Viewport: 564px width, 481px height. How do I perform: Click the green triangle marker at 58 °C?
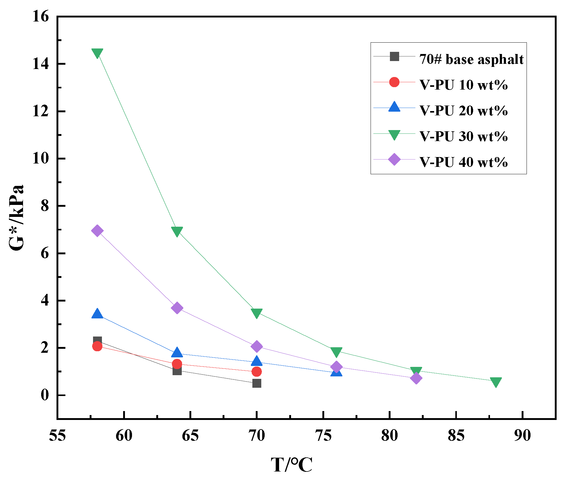[x=97, y=53]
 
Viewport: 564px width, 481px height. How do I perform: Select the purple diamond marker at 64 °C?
[x=177, y=308]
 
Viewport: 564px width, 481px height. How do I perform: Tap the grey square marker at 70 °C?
[x=257, y=383]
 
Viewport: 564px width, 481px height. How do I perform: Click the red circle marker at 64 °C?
[x=177, y=364]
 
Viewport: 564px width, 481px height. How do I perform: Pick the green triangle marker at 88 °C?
[x=496, y=382]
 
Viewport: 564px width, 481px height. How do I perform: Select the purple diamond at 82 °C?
[x=416, y=378]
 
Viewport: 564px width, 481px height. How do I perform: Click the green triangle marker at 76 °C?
[x=336, y=352]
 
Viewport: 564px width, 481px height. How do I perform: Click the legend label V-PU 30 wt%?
[x=464, y=136]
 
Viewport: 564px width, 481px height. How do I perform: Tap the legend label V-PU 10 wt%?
[x=464, y=85]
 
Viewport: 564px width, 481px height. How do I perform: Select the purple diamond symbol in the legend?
[x=394, y=160]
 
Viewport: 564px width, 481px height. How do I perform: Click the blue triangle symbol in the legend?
[x=394, y=107]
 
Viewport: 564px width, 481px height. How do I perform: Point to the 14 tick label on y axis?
[x=41, y=64]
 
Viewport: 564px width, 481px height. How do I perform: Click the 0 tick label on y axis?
[x=45, y=395]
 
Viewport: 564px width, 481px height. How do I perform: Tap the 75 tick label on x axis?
[x=323, y=436]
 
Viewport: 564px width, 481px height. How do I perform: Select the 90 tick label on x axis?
[x=522, y=436]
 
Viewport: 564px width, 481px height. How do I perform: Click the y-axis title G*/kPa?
[x=16, y=218]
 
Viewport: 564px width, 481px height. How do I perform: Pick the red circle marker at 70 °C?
[x=257, y=372]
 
